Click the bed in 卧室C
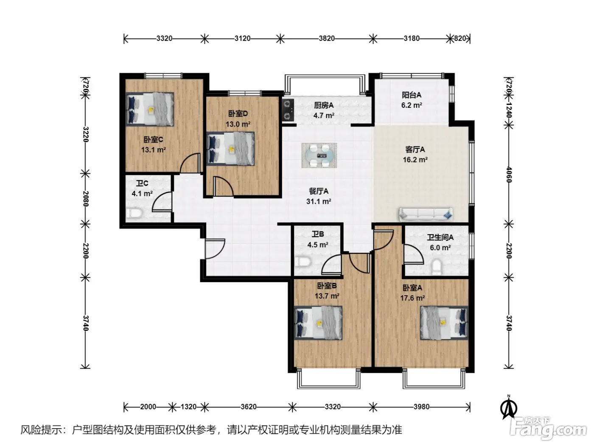tap(150, 109)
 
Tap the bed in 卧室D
tap(230, 149)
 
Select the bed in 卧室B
tap(318, 323)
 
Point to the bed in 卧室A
tap(444, 323)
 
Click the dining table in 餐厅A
tap(319, 155)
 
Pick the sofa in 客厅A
tap(426, 214)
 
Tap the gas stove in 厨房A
tap(288, 110)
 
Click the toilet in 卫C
tap(133, 213)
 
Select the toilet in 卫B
tap(303, 262)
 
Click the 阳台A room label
tap(411, 95)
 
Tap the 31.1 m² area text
tap(319, 201)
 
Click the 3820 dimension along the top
tap(327, 39)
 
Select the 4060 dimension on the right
tap(509, 175)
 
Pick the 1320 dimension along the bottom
tap(188, 407)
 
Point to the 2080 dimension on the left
tap(86, 199)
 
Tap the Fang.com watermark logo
tap(548, 429)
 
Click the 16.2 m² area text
tap(415, 160)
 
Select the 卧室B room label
tap(327, 286)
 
